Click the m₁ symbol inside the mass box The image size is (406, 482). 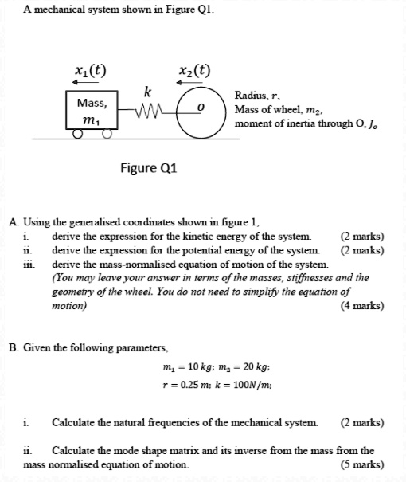coord(92,119)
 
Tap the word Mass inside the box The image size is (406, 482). coord(92,103)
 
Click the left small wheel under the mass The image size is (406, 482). coord(76,135)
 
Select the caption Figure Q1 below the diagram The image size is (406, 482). coord(147,168)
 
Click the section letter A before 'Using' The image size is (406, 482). coord(13,222)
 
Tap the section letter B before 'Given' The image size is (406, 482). coord(13,347)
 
